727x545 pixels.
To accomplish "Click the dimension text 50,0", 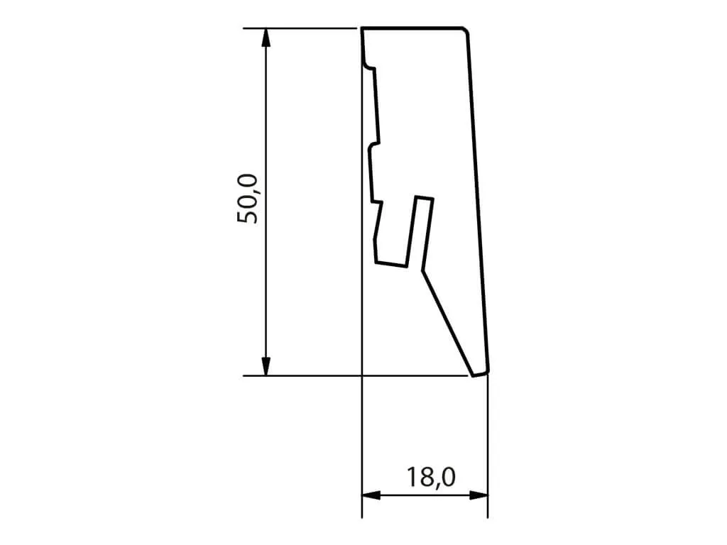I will (250, 199).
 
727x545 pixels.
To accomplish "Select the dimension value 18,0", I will (431, 477).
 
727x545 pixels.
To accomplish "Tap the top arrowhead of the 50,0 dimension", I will (266, 36).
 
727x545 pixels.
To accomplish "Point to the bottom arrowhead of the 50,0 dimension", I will (266, 368).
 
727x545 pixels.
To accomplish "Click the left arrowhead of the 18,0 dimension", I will (370, 495).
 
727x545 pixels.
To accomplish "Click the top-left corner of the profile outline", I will (363, 29).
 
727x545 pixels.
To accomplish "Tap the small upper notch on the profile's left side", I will (368, 67).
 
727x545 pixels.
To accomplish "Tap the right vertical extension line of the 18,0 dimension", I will (488, 440).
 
